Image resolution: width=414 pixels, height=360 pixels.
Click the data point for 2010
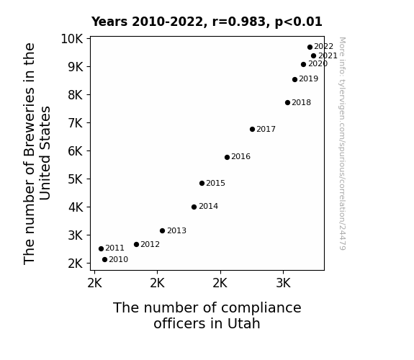(104, 260)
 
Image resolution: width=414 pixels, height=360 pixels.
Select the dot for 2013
(163, 231)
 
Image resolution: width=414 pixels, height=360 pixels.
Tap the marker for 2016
(227, 158)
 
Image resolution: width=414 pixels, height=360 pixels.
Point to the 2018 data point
(287, 103)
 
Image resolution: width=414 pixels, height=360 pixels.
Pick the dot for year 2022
(310, 48)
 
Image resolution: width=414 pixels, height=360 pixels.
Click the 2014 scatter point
(194, 207)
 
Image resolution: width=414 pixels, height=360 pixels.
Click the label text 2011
(115, 248)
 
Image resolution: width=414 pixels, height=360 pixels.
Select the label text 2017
(266, 129)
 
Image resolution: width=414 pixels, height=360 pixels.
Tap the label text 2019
(309, 78)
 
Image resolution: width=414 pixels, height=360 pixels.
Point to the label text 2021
(328, 55)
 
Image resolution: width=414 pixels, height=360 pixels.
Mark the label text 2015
(216, 183)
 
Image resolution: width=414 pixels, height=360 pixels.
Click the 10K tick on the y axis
(72, 39)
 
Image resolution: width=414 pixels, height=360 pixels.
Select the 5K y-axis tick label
(76, 179)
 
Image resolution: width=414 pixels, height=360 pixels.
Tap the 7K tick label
(76, 123)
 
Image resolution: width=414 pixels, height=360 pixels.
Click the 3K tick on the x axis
(283, 283)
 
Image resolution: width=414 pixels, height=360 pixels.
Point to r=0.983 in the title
(239, 22)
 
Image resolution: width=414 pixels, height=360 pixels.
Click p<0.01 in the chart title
(298, 22)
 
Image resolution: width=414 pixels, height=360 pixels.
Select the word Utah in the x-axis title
(243, 323)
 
